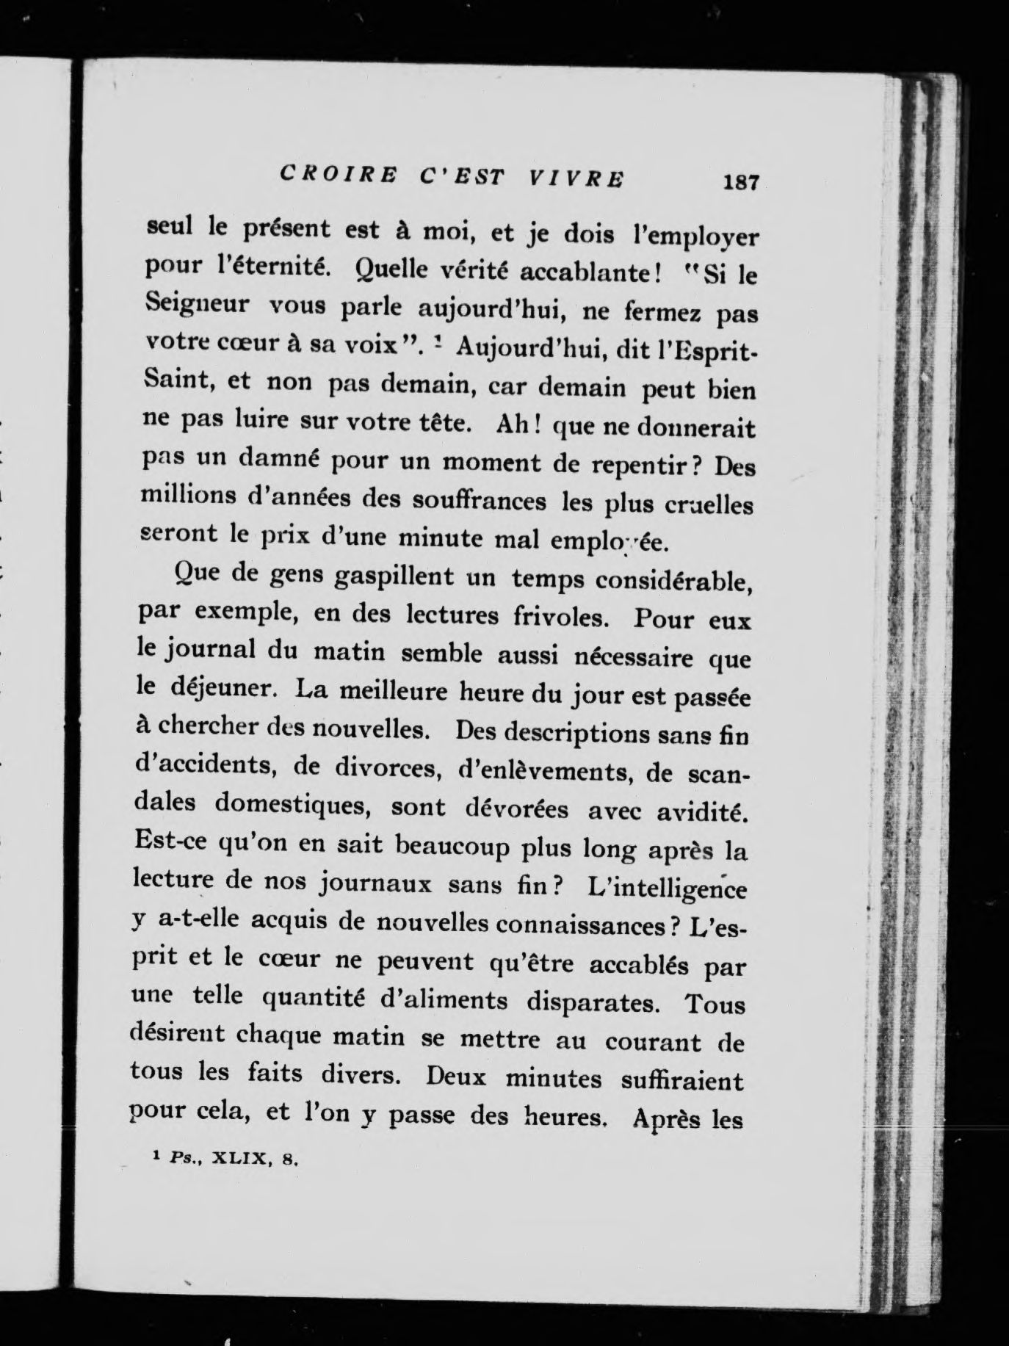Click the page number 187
click(x=739, y=181)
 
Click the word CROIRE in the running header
click(x=339, y=176)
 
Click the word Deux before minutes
click(x=459, y=1077)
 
